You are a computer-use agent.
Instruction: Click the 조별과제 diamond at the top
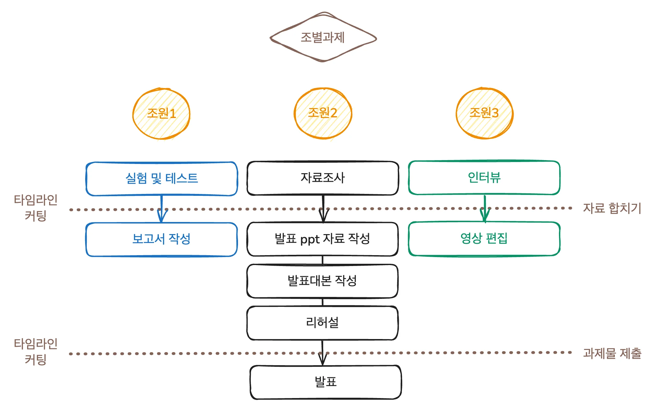(323, 38)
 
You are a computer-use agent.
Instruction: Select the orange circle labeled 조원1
(161, 114)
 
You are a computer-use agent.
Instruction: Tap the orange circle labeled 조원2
(323, 113)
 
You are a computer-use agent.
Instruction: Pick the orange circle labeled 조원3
(484, 113)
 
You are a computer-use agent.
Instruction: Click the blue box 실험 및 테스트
(162, 179)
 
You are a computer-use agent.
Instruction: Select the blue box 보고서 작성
(161, 239)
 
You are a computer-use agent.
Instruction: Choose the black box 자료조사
(323, 178)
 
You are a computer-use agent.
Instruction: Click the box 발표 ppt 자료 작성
(323, 239)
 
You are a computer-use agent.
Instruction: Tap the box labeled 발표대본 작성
(322, 281)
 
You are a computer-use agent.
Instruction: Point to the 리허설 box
(322, 323)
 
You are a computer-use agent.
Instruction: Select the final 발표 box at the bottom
(326, 382)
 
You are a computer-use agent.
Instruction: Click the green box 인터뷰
(484, 177)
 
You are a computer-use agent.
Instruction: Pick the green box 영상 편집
(484, 239)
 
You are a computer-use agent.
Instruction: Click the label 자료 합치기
(612, 208)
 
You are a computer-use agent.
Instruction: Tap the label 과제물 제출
(612, 353)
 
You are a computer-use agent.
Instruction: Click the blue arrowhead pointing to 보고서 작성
(162, 217)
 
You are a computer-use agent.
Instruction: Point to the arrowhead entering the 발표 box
(323, 360)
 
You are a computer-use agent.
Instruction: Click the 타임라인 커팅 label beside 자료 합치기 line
(35, 208)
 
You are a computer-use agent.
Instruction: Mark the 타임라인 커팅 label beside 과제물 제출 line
(35, 351)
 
